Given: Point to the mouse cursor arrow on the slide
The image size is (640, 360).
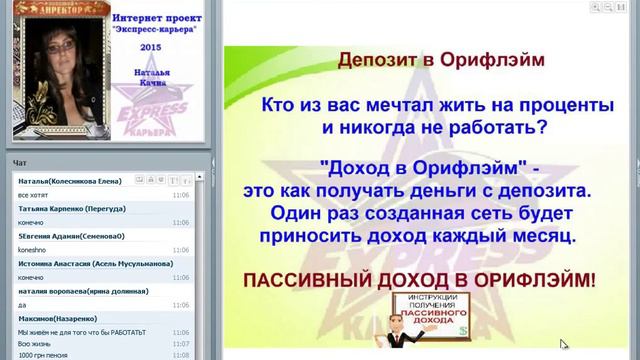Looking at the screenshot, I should (x=563, y=344).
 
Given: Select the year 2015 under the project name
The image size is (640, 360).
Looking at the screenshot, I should (x=150, y=47).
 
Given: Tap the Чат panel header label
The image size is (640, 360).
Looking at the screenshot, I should (x=19, y=162).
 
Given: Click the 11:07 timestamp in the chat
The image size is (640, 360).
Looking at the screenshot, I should (x=180, y=343).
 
